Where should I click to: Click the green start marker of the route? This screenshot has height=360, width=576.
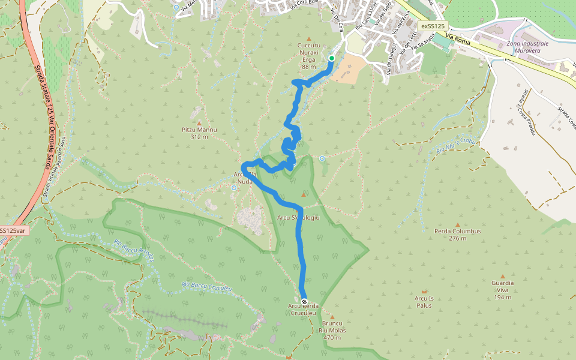(331, 58)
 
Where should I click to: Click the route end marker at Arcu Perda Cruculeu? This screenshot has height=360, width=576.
(304, 301)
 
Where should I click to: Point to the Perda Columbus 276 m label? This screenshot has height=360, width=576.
(458, 235)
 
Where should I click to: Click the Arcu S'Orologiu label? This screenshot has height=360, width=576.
(298, 217)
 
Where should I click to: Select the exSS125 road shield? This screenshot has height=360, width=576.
(432, 26)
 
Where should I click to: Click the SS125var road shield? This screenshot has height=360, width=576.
(12, 230)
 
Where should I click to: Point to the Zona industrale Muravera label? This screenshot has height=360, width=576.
(527, 47)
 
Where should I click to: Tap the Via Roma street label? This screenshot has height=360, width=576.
(459, 40)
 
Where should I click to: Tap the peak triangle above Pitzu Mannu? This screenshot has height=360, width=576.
(199, 123)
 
